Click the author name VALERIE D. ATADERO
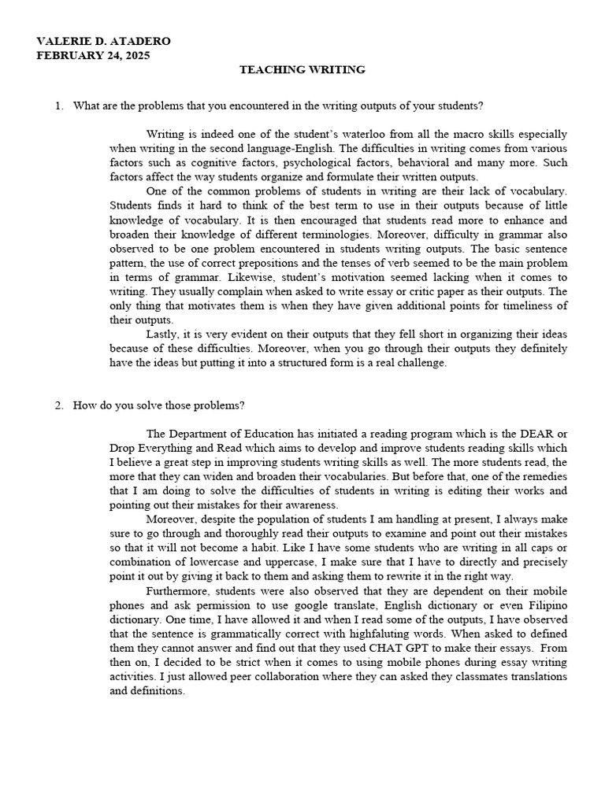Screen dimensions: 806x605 [103, 41]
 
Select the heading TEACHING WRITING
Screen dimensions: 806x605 [302, 70]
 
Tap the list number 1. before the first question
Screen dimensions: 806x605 [59, 105]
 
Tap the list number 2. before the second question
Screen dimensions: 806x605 [59, 405]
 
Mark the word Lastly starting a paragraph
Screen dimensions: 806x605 [163, 335]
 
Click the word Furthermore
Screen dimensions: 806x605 [177, 591]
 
